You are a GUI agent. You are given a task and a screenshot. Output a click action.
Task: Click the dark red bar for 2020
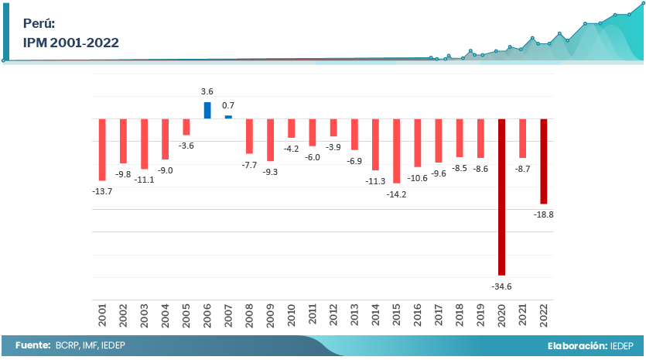[501, 197]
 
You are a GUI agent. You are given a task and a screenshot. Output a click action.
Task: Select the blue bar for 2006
[207, 110]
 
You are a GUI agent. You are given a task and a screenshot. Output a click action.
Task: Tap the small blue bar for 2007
[228, 117]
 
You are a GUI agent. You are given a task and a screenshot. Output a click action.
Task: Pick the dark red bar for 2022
[544, 161]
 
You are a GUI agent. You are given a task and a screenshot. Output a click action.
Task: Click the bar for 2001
[102, 149]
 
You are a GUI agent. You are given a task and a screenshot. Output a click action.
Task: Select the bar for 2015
[397, 151]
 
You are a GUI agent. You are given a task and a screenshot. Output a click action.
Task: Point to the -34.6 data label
[501, 286]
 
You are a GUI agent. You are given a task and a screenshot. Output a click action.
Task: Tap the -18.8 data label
[544, 214]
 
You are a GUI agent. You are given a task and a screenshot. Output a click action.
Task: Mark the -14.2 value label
[397, 194]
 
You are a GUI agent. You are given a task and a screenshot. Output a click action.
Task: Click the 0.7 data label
[228, 105]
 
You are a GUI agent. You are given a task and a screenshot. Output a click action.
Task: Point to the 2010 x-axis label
[292, 314]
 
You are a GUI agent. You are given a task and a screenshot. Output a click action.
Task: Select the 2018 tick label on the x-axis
[460, 314]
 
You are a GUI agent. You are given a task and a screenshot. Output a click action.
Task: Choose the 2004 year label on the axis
[166, 314]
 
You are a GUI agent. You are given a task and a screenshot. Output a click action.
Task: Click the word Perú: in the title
[39, 23]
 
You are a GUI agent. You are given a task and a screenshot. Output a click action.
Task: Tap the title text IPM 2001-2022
[71, 43]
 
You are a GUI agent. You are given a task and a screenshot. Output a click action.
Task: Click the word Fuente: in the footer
[32, 345]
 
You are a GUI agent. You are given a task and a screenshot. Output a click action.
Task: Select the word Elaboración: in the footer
[576, 345]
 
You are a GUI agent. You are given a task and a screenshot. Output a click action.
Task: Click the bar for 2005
[186, 127]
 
